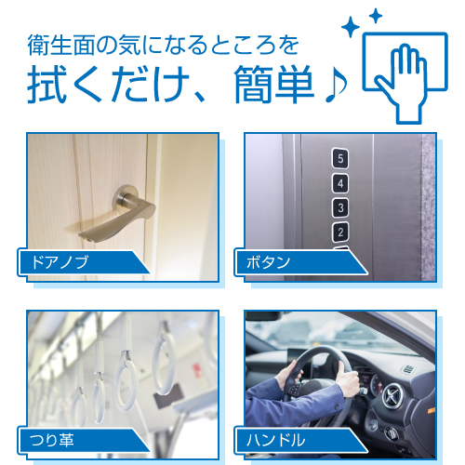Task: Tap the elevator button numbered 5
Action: (340, 158)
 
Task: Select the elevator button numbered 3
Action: (340, 206)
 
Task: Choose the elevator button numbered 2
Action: (340, 231)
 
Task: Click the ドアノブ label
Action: (60, 262)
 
